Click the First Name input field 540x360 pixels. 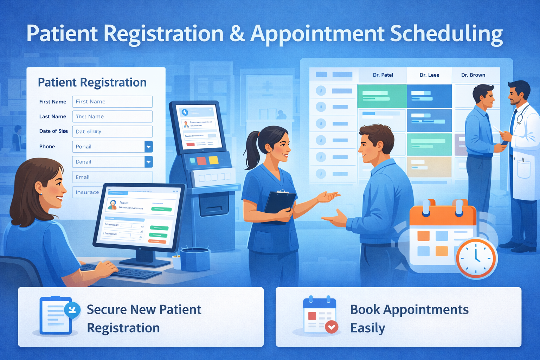tap(112, 102)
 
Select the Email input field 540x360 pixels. tap(112, 177)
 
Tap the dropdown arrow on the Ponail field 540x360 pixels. tap(149, 147)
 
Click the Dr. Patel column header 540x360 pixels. tap(383, 75)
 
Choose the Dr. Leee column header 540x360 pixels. tap(429, 75)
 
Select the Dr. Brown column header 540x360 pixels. tap(473, 75)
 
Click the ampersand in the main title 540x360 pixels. tap(237, 34)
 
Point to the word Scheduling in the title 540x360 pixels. tap(446, 34)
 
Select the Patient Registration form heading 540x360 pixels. tap(92, 82)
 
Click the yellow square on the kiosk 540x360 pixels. tap(213, 160)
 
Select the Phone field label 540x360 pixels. tap(47, 147)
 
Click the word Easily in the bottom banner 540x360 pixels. tap(367, 328)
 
